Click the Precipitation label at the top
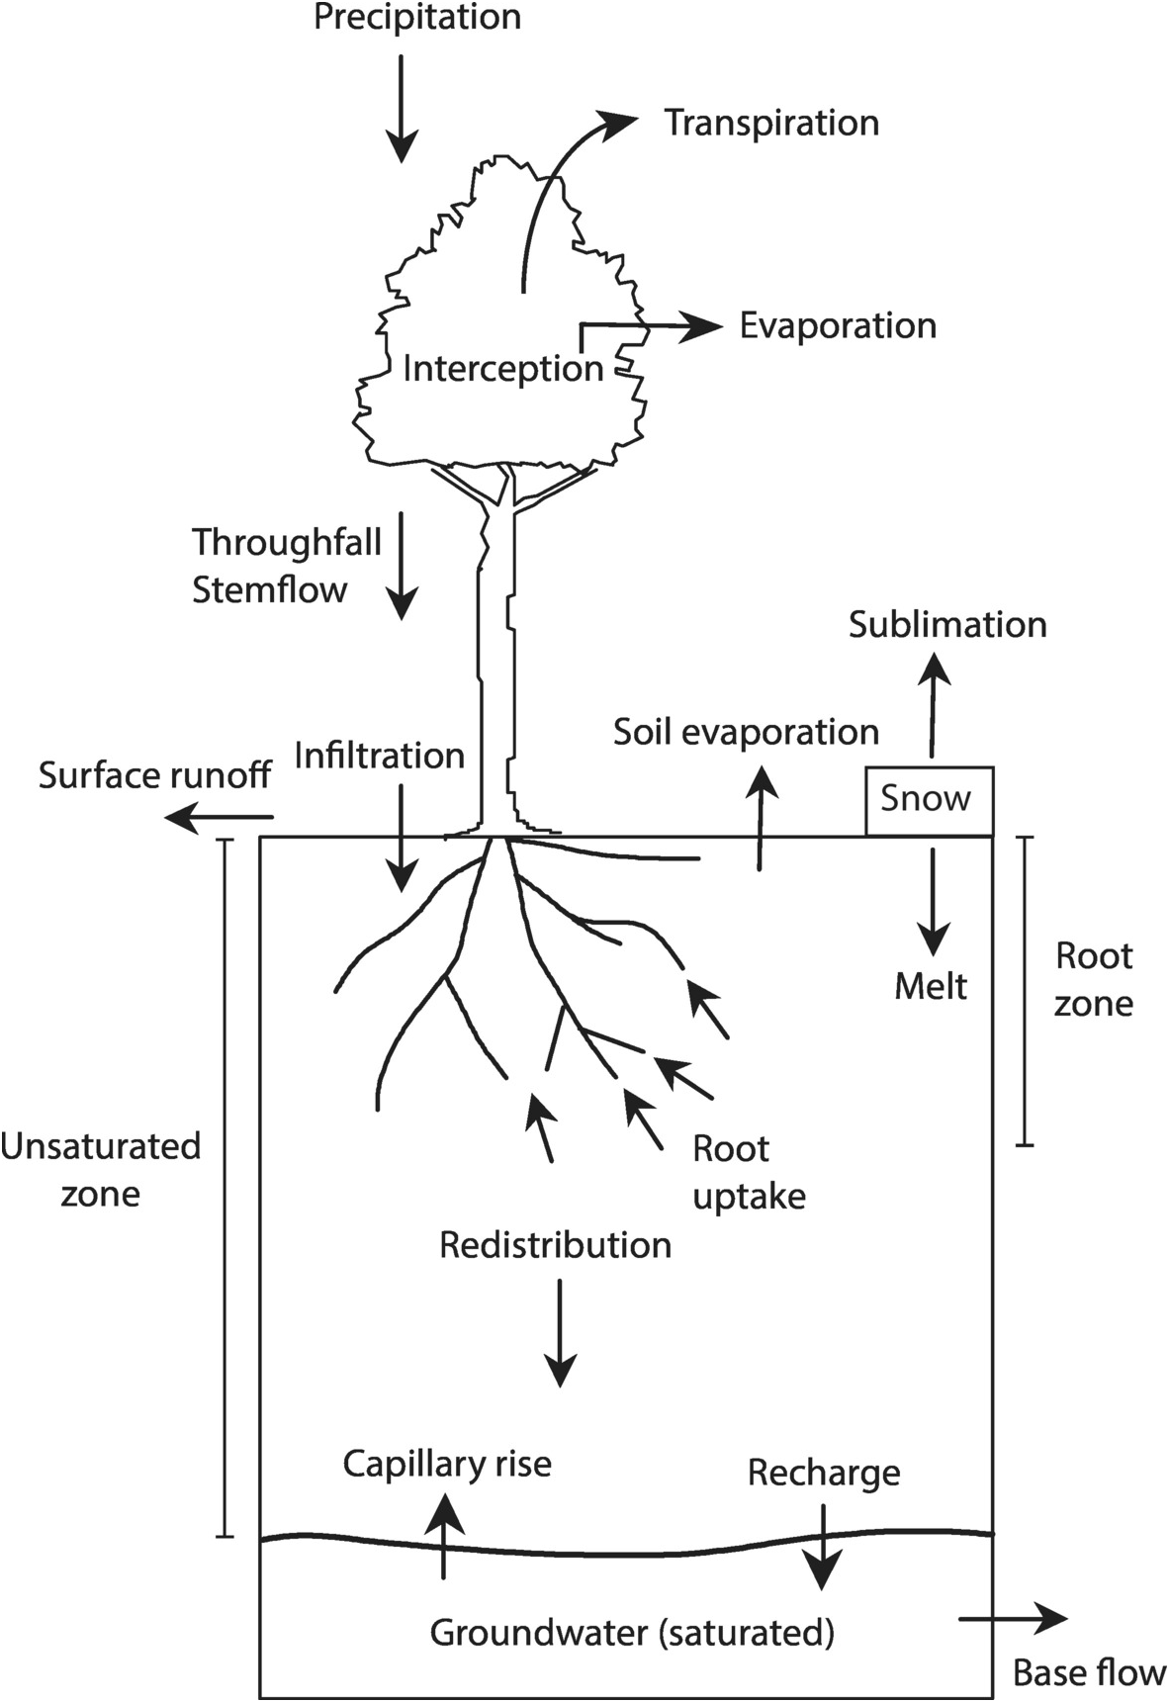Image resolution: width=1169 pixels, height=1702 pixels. point(416,18)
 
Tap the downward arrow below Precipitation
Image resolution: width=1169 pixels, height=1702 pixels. point(401,109)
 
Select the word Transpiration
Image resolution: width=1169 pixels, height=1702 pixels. point(771,124)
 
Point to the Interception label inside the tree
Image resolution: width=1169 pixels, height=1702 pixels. point(502,369)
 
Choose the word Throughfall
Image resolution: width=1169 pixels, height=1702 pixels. point(287,543)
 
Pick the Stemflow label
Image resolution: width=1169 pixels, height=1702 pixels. point(270,590)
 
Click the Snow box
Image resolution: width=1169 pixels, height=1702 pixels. point(929,800)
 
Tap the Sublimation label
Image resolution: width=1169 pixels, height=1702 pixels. point(947,625)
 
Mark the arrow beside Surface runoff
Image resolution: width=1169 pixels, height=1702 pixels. point(218,817)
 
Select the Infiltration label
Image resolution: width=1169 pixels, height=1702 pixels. point(380,757)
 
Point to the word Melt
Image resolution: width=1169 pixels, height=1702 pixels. point(931,987)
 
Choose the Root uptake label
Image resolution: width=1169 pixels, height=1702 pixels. point(748,1173)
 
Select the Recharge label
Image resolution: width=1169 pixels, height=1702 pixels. point(824,1474)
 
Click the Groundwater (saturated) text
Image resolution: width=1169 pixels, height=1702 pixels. point(632,1633)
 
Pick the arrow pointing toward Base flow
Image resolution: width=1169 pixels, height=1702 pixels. point(1013,1619)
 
